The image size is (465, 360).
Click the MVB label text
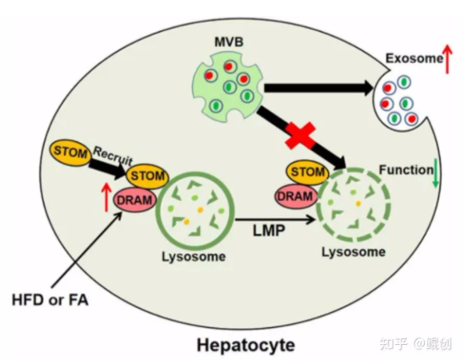click(229, 42)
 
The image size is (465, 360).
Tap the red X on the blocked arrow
click(300, 136)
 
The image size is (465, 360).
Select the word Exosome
click(414, 58)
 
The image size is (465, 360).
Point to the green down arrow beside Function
click(436, 173)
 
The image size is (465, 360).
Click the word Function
click(406, 170)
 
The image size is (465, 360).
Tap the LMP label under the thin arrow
click(269, 230)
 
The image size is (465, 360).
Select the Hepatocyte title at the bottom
click(246, 345)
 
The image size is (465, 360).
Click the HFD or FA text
click(50, 299)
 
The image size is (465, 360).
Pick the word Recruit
click(113, 156)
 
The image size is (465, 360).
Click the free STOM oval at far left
click(71, 153)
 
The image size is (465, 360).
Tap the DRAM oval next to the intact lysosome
click(135, 200)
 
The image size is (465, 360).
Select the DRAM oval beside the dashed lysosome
click(296, 196)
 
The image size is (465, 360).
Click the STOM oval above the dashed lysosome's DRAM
click(308, 172)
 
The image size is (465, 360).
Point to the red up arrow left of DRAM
click(107, 197)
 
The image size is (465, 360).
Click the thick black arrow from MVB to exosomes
click(319, 88)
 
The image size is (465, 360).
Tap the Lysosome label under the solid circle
click(193, 257)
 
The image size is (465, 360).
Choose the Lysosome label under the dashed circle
click(354, 252)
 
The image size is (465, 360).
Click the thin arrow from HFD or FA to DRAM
click(87, 249)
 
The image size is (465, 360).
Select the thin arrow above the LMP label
click(275, 220)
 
